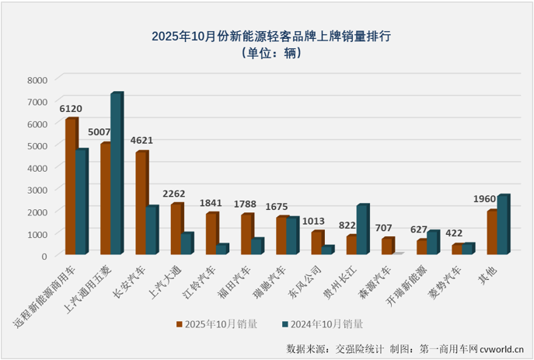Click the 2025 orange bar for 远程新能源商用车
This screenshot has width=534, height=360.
click(x=71, y=187)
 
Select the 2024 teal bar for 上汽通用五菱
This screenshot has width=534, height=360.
click(x=116, y=174)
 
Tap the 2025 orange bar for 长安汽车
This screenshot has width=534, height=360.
click(x=141, y=203)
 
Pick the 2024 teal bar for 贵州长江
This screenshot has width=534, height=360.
click(x=361, y=229)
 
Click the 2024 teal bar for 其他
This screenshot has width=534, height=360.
click(x=502, y=225)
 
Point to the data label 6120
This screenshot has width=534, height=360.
click(x=71, y=109)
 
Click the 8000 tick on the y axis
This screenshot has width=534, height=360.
click(x=37, y=79)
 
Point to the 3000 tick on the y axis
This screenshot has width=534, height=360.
click(x=37, y=190)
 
